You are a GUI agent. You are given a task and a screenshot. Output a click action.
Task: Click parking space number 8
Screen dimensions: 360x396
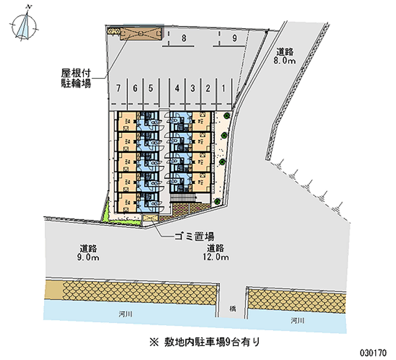coord(183,38)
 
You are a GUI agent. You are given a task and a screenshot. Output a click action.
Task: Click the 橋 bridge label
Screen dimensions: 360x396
coord(232,308)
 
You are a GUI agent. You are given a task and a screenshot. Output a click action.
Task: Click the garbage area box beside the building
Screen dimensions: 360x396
coord(150,218)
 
